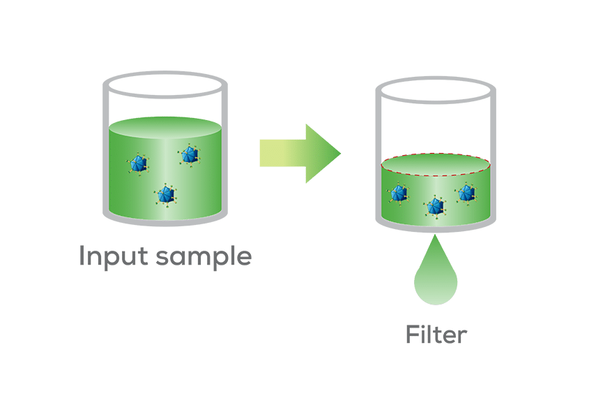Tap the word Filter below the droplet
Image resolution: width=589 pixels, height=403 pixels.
point(436,335)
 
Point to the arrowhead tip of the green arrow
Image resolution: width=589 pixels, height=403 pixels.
point(340,153)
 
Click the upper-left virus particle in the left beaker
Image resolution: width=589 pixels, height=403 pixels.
point(139,165)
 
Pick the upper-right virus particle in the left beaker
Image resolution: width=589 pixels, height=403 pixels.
point(189,155)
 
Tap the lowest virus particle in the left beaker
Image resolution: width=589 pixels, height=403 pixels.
point(165,195)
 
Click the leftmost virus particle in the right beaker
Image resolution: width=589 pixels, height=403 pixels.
point(399,193)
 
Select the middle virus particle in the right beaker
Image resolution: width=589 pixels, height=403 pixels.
point(435,205)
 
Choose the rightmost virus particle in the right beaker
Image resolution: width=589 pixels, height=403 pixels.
point(466,192)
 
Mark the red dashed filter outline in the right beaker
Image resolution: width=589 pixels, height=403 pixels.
point(436,154)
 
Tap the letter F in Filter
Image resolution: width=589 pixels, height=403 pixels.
point(413,335)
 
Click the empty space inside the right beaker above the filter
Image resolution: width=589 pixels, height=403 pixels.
point(436,122)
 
